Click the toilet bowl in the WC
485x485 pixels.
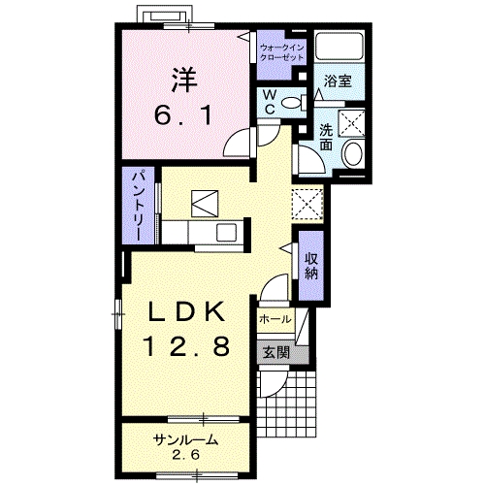click(x=292, y=103)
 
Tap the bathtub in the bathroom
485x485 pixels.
click(x=339, y=46)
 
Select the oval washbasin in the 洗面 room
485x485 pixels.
click(x=353, y=153)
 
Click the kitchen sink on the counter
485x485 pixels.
click(x=226, y=232)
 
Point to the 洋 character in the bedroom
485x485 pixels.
click(x=184, y=80)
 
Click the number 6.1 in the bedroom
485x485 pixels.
click(x=183, y=115)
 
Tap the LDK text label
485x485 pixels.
click(x=186, y=312)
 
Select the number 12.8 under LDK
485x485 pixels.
click(x=186, y=345)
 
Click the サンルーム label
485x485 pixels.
click(x=185, y=440)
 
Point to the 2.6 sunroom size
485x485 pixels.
click(x=185, y=455)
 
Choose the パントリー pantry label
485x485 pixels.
click(x=139, y=206)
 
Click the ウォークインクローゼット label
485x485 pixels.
click(x=282, y=53)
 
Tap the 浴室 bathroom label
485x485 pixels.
click(x=338, y=81)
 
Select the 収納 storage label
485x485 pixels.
click(x=311, y=267)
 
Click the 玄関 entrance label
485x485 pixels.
click(x=275, y=352)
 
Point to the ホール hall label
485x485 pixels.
click(x=275, y=320)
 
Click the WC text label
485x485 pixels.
click(x=270, y=103)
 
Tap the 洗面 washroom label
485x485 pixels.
click(x=326, y=138)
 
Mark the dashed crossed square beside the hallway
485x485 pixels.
click(x=307, y=204)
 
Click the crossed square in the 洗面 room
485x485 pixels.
click(x=351, y=123)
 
